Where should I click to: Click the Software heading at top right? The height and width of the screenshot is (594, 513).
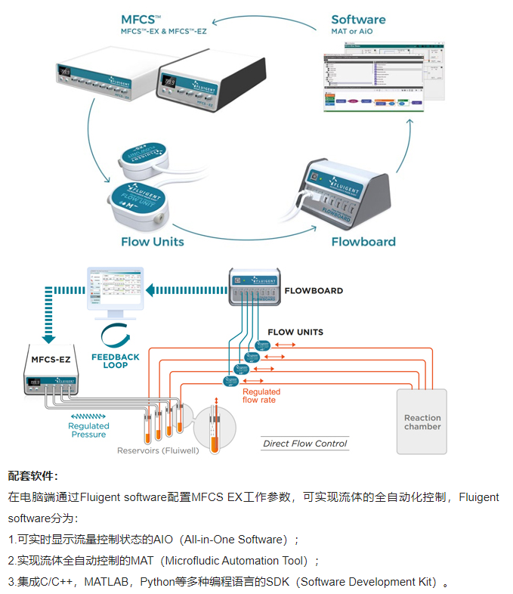tap(358, 20)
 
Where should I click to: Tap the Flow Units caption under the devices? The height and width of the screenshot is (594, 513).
tap(152, 242)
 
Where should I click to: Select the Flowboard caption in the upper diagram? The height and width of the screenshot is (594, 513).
tap(363, 242)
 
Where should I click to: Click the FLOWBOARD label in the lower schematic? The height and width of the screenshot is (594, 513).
tap(314, 290)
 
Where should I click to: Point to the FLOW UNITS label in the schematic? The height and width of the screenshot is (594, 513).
tap(295, 332)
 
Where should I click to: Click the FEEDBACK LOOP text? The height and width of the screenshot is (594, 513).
tap(115, 360)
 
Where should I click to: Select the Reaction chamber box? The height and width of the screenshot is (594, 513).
tap(422, 422)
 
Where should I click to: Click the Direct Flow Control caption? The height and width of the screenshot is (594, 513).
tap(304, 444)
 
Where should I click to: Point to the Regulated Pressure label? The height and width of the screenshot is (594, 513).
tap(88, 430)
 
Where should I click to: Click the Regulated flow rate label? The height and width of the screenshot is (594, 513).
tap(261, 396)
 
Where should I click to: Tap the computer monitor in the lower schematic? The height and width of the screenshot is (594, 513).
tap(115, 291)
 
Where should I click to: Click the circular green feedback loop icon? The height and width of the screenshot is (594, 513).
tap(115, 334)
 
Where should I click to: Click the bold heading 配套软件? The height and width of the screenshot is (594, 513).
tap(33, 476)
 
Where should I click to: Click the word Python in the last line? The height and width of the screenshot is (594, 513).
tap(161, 582)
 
